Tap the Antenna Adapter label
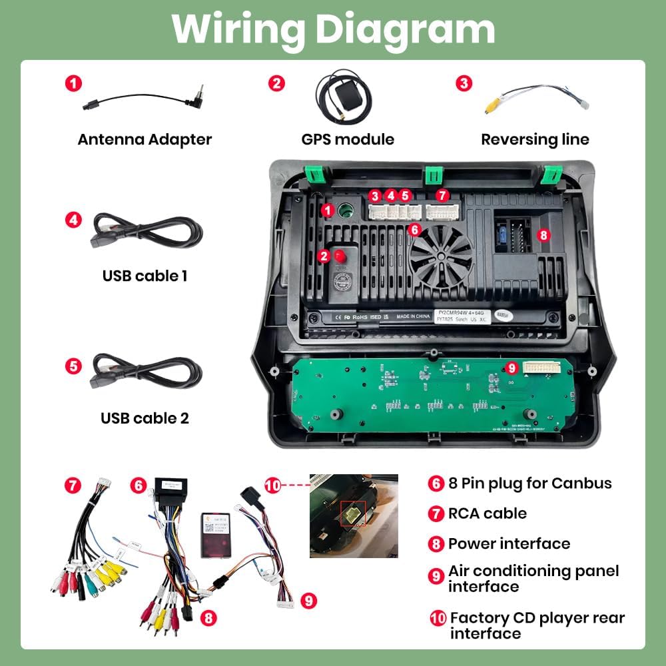(145, 139)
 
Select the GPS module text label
(348, 139)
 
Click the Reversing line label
(535, 139)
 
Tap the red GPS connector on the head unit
(341, 255)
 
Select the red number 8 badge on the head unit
(543, 234)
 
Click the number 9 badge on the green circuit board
(511, 367)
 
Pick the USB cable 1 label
(145, 275)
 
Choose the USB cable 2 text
(145, 418)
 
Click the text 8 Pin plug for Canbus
(529, 483)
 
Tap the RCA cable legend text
(487, 513)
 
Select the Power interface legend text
(509, 543)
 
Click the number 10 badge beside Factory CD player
(438, 617)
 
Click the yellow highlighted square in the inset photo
(352, 513)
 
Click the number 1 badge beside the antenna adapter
(73, 83)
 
